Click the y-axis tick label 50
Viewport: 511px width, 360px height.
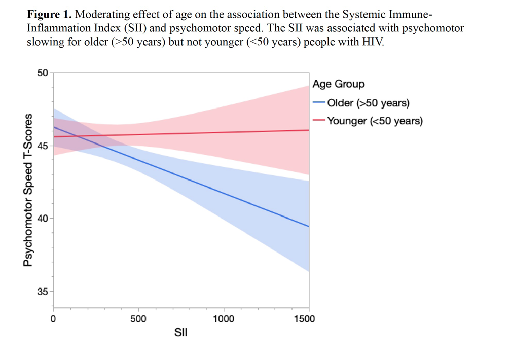(43, 73)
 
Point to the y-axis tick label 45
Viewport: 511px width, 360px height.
(43, 146)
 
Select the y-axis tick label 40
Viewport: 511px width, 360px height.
(43, 219)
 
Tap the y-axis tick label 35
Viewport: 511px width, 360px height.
(43, 292)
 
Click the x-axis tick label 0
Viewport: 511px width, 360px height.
(53, 318)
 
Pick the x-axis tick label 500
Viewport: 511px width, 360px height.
(138, 318)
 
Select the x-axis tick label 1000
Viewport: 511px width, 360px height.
(224, 318)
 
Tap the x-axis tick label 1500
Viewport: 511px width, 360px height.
(304, 318)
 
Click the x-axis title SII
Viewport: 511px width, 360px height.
(181, 333)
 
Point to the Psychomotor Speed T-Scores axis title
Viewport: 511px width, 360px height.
(28, 190)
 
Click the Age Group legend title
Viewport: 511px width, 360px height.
(339, 84)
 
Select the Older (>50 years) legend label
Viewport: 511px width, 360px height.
(368, 103)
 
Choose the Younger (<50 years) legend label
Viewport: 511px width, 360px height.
(375, 121)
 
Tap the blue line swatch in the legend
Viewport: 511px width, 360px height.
(319, 103)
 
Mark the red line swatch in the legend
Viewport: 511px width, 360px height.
(319, 120)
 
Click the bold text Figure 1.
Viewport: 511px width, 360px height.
(49, 15)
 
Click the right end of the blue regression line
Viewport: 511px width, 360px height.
(309, 226)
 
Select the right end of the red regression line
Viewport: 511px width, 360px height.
(309, 130)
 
